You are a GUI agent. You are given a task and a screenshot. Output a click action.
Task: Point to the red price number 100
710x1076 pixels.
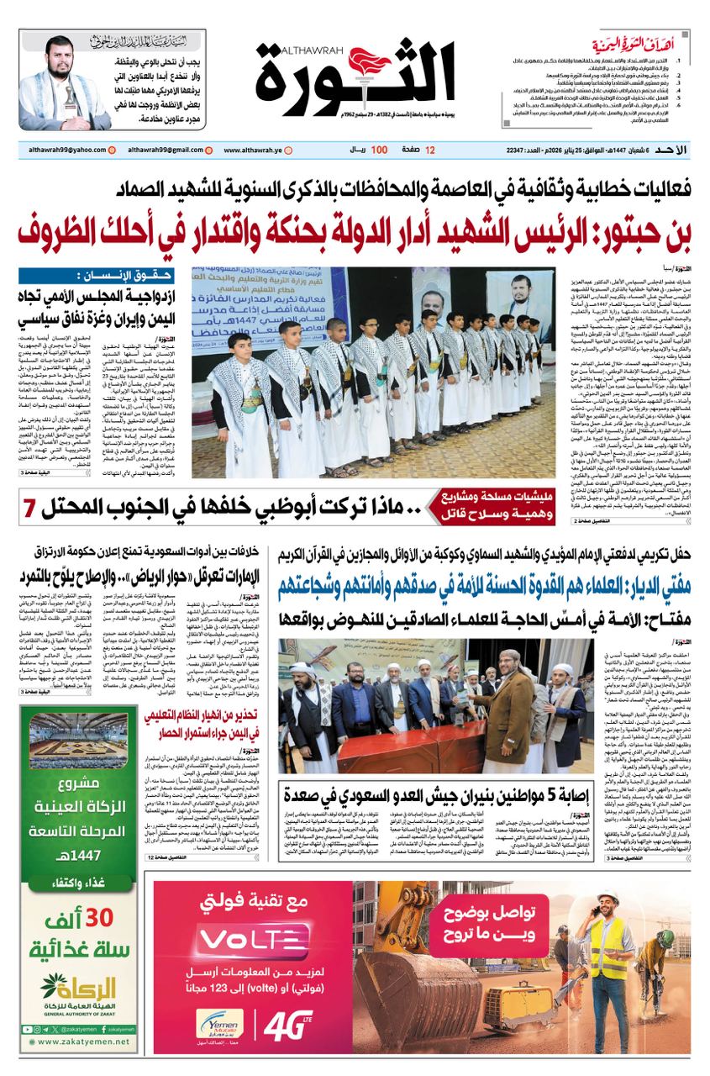pyautogui.click(x=379, y=150)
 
